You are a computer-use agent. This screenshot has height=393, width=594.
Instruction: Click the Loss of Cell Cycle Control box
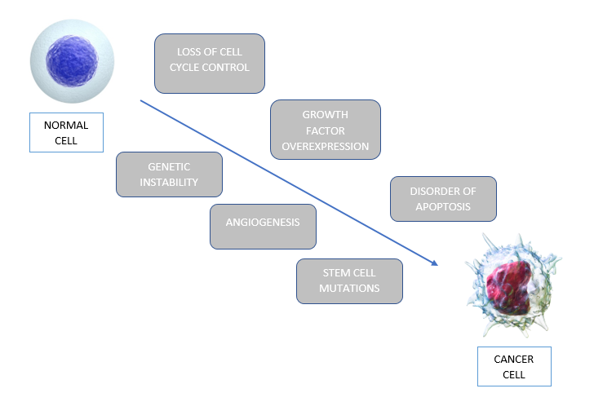coord(210,63)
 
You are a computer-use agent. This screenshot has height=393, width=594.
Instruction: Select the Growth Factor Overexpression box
coord(325,130)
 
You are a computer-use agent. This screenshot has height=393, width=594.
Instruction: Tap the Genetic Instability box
coord(169,174)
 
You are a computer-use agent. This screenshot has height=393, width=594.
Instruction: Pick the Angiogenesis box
coord(263,226)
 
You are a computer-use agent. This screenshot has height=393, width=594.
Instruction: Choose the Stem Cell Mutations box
coord(349,280)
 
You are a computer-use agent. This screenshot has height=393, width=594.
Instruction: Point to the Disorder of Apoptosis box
coord(443,198)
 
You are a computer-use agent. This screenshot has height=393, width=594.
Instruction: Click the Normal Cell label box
coord(65,132)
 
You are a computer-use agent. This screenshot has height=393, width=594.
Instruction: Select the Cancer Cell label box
coord(514,366)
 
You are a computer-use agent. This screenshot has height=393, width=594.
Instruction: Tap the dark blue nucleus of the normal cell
coord(73,61)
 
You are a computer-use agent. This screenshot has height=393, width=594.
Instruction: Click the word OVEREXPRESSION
coord(325,147)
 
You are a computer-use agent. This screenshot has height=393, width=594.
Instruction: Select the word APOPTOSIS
coord(443,206)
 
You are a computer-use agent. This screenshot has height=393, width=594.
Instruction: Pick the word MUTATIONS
coord(349,289)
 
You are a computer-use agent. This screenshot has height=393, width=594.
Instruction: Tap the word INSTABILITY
coord(169,182)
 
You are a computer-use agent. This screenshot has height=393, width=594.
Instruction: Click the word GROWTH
coord(325,115)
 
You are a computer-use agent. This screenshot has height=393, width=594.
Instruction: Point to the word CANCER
coord(514,359)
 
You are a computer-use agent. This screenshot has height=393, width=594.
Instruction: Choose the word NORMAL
coord(65,126)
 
